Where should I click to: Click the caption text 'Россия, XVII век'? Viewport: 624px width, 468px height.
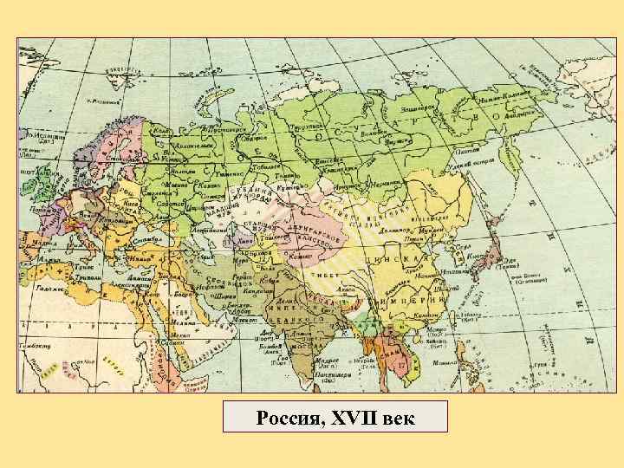[x=335, y=418]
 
